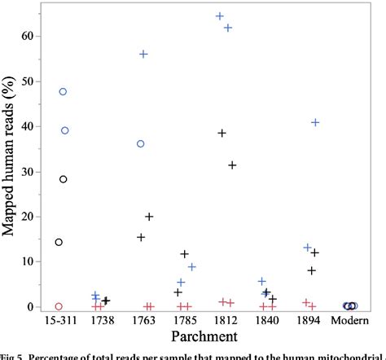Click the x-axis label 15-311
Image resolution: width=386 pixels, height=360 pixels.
pos(60,322)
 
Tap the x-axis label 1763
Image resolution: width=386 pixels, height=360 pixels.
pos(143,322)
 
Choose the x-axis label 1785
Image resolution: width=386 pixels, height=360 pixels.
pos(185,322)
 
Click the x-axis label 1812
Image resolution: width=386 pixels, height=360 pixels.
pos(226,322)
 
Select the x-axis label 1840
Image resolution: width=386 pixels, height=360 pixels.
pos(268,322)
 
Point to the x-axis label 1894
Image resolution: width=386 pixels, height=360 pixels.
pos(309,322)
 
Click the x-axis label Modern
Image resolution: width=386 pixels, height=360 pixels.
pos(351,322)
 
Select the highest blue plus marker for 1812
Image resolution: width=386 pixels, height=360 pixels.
pos(219,16)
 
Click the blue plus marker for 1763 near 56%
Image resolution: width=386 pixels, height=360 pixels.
pos(143,54)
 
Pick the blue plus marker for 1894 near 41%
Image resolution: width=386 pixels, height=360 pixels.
pos(315,122)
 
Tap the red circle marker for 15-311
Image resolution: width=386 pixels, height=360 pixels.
pos(58,306)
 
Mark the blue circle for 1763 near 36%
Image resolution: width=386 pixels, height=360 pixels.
pos(140,143)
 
